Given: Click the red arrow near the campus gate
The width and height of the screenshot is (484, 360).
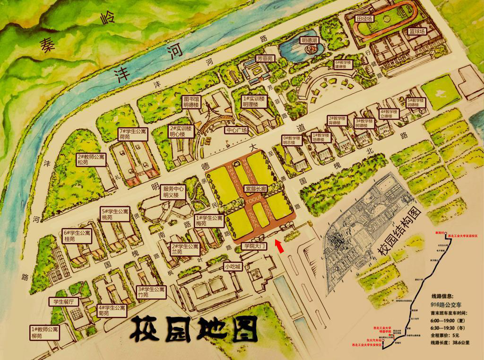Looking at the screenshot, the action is [279, 246].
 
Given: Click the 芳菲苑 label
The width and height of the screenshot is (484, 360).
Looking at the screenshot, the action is [265, 59].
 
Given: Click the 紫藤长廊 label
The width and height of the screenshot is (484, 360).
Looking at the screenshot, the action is [256, 188].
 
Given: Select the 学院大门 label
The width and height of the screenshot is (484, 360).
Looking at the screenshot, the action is [255, 246].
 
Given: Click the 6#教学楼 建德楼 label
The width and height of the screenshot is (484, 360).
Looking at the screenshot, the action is [344, 64].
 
